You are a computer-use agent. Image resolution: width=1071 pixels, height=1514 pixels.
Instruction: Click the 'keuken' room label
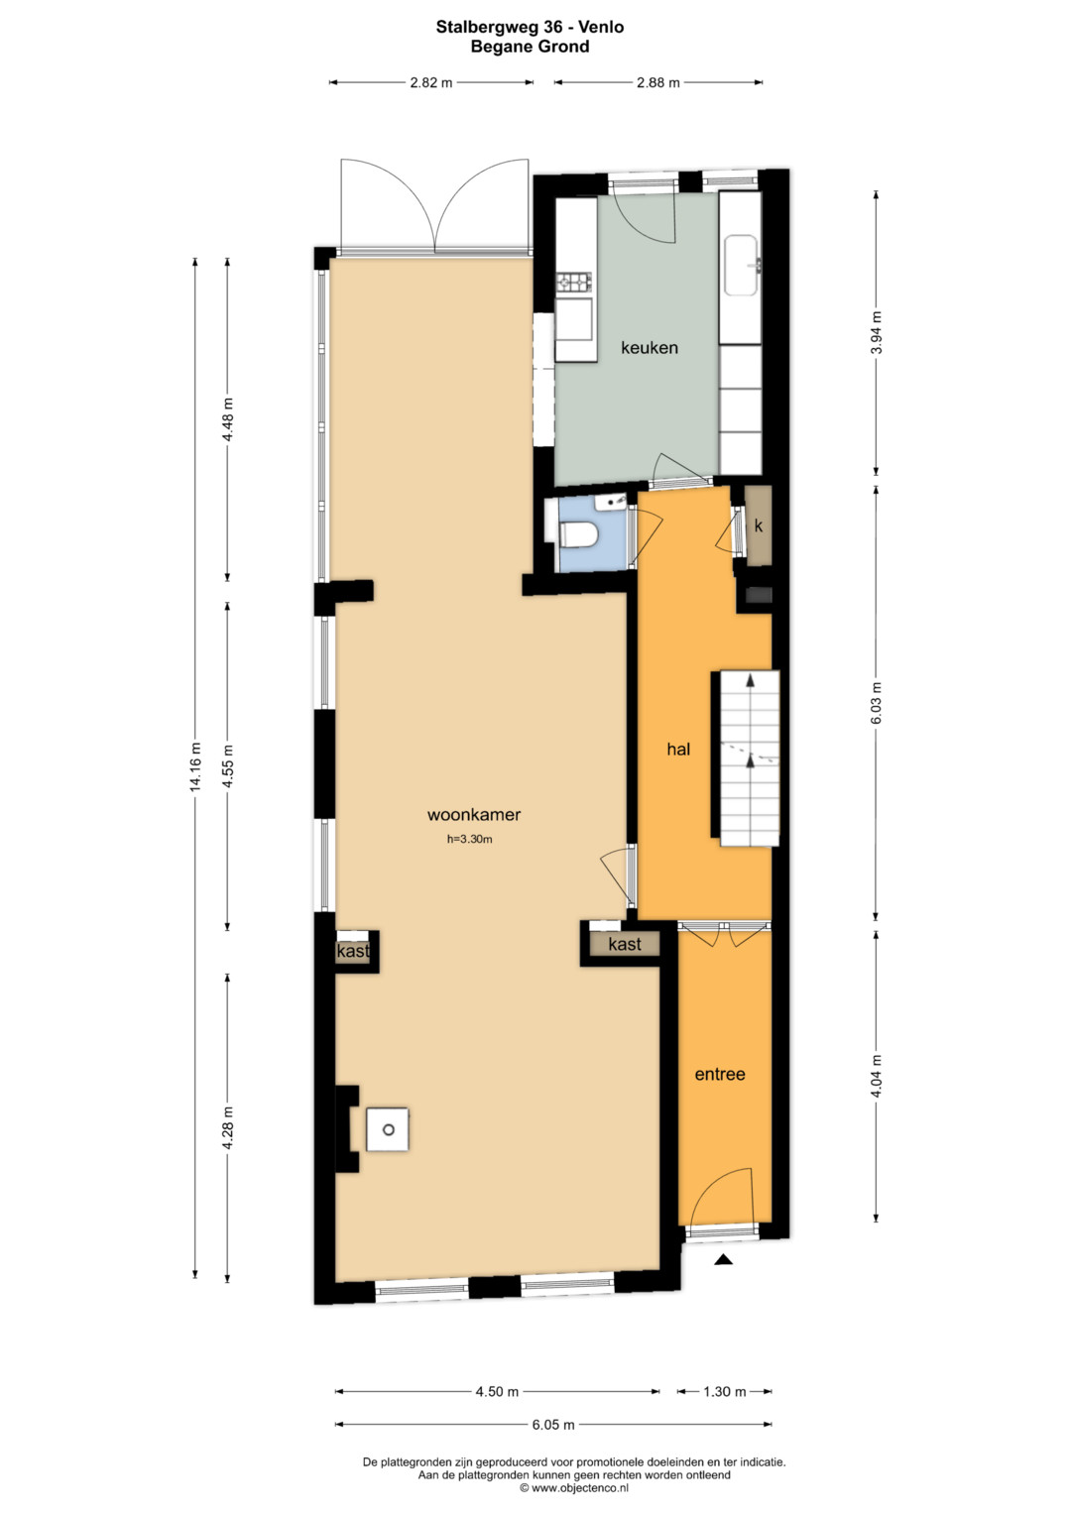650,348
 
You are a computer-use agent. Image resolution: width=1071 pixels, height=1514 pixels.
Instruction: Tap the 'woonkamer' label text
474,815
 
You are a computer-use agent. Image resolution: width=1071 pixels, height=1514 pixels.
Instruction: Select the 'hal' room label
678,749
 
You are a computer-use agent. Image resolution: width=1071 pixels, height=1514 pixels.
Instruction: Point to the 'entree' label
720,1074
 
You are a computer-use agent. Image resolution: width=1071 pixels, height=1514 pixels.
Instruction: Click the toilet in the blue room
578,534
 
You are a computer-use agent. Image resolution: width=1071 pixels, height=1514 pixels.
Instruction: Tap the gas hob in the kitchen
573,284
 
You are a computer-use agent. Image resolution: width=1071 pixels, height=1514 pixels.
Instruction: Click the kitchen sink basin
741,266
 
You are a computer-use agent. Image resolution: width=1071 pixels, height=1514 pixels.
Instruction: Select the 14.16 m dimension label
196,766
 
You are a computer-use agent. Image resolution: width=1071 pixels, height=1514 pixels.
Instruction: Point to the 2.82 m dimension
430,83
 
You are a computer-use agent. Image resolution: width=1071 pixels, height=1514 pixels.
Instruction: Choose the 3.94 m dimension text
877,332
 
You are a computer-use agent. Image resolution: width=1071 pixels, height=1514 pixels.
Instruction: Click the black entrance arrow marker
724,1259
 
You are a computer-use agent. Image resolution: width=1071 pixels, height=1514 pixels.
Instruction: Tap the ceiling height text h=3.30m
469,840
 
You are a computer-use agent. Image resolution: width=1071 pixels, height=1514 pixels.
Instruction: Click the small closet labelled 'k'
759,525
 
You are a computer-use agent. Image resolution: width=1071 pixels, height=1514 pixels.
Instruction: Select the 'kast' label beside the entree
625,944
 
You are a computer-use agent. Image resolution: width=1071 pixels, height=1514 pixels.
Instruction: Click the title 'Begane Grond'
531,47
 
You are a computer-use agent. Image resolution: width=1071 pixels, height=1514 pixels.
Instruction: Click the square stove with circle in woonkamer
388,1129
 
